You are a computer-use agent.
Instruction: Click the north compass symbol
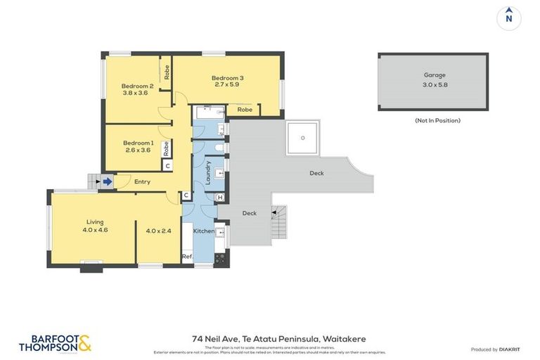[508, 18]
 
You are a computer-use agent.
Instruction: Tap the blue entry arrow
[107, 182]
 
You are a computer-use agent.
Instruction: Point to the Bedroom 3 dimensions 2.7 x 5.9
[227, 85]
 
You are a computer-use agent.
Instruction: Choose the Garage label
[434, 75]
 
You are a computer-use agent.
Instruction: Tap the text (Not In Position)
[437, 120]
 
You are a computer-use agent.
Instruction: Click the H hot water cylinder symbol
[220, 198]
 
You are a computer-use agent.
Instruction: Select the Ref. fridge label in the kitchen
[188, 257]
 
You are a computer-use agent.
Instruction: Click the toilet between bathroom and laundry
[219, 148]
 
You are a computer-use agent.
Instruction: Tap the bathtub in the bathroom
[208, 110]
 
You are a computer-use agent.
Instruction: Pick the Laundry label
[208, 172]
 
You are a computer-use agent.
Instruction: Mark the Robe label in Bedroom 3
[245, 110]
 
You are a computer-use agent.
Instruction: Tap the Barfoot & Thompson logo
[55, 342]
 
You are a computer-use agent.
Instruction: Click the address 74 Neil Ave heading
[278, 338]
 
